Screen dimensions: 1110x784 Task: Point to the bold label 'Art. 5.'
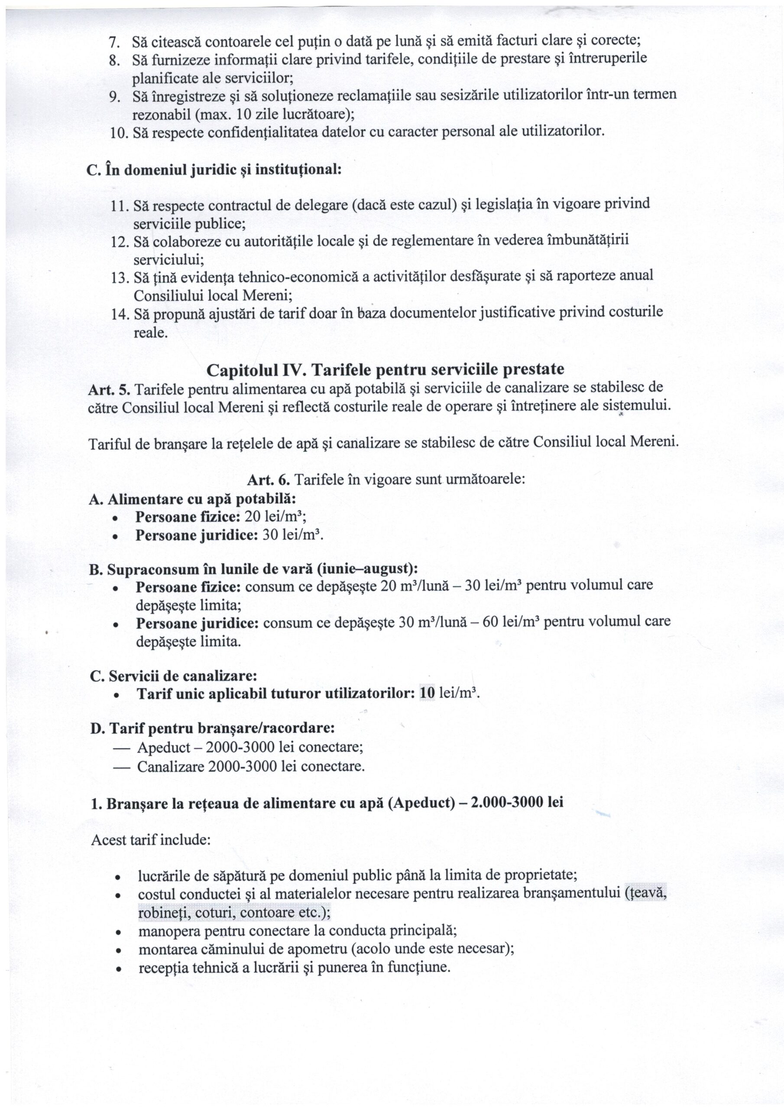pyautogui.click(x=109, y=388)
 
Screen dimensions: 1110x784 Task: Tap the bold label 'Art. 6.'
pyautogui.click(x=269, y=480)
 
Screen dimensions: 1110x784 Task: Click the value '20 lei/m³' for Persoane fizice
pyautogui.click(x=275, y=517)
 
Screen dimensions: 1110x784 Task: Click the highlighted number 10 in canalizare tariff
pyautogui.click(x=428, y=693)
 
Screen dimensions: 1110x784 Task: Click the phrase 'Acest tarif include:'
pyautogui.click(x=150, y=840)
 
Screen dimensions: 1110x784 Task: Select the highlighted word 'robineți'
pyautogui.click(x=162, y=913)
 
